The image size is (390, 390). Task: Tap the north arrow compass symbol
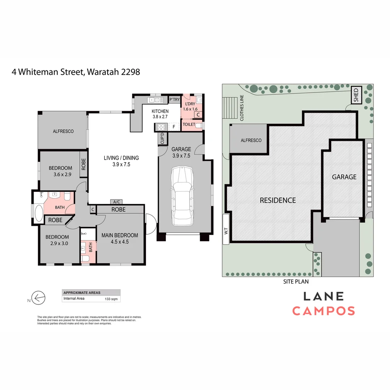pos(38,298)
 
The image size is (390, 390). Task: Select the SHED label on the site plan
pos(356,96)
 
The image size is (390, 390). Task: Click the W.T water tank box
pos(226,230)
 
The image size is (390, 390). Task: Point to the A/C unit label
pos(116,202)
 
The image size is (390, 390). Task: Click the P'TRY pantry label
pos(174,100)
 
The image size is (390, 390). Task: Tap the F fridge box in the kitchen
pos(174,127)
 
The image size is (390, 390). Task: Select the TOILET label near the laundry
pos(189,124)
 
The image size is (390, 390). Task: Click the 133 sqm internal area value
pos(111,299)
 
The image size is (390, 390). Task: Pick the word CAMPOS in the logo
pos(323,311)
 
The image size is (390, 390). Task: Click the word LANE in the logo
pos(323,296)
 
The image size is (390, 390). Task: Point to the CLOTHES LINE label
pos(242,108)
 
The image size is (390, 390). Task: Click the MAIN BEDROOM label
pos(120,235)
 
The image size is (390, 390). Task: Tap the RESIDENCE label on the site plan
pos(278,200)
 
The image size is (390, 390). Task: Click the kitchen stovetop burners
pos(161,127)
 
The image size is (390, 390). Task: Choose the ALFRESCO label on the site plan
pos(251,140)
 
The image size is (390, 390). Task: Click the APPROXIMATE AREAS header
pos(82,292)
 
